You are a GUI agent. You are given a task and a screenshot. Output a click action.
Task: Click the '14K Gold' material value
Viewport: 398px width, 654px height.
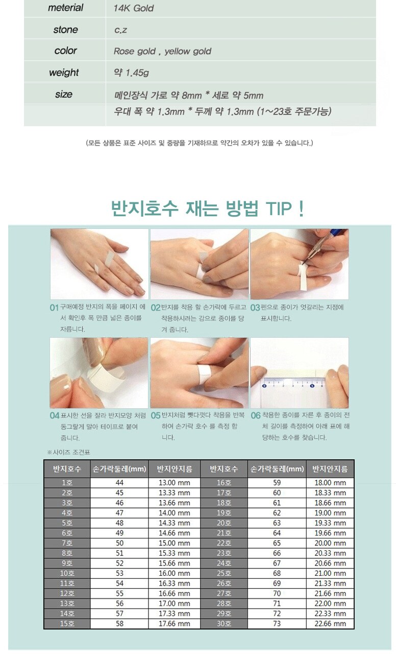tap(133, 8)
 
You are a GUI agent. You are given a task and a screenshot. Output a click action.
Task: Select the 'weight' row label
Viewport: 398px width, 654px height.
tap(64, 73)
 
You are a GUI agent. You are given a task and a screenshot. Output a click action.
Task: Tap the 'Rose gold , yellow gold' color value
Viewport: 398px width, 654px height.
tap(162, 52)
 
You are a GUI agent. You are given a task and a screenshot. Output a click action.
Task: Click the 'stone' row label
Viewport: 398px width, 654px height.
tap(66, 30)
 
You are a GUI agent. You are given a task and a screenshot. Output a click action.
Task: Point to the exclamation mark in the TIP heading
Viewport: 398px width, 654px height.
tap(301, 208)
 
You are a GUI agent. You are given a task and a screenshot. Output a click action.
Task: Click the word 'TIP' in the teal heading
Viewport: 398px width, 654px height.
tap(279, 208)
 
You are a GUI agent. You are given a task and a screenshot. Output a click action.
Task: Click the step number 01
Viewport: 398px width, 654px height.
tap(54, 308)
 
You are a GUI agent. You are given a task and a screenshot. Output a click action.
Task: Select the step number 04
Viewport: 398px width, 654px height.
tap(55, 415)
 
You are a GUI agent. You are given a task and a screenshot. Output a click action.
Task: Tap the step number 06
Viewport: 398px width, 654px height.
tap(256, 415)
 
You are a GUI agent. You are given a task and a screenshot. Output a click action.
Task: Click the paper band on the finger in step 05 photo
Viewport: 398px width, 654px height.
tap(205, 373)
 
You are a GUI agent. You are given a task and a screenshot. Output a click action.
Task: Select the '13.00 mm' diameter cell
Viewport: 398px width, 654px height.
tap(175, 483)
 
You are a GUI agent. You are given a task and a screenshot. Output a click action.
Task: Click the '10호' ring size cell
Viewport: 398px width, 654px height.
tap(67, 573)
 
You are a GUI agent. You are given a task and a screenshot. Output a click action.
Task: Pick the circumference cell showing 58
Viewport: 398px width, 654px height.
tap(119, 624)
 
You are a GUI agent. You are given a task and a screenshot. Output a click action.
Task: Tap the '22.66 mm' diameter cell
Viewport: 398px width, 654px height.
tap(330, 624)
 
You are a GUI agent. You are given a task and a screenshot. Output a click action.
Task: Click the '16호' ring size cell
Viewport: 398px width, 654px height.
tap(224, 483)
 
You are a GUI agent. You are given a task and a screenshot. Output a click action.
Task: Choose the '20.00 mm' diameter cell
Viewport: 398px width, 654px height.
tap(330, 543)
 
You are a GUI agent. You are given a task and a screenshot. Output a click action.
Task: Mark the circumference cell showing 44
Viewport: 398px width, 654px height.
tap(119, 483)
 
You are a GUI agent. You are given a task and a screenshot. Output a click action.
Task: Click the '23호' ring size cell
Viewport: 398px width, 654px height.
tap(224, 553)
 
